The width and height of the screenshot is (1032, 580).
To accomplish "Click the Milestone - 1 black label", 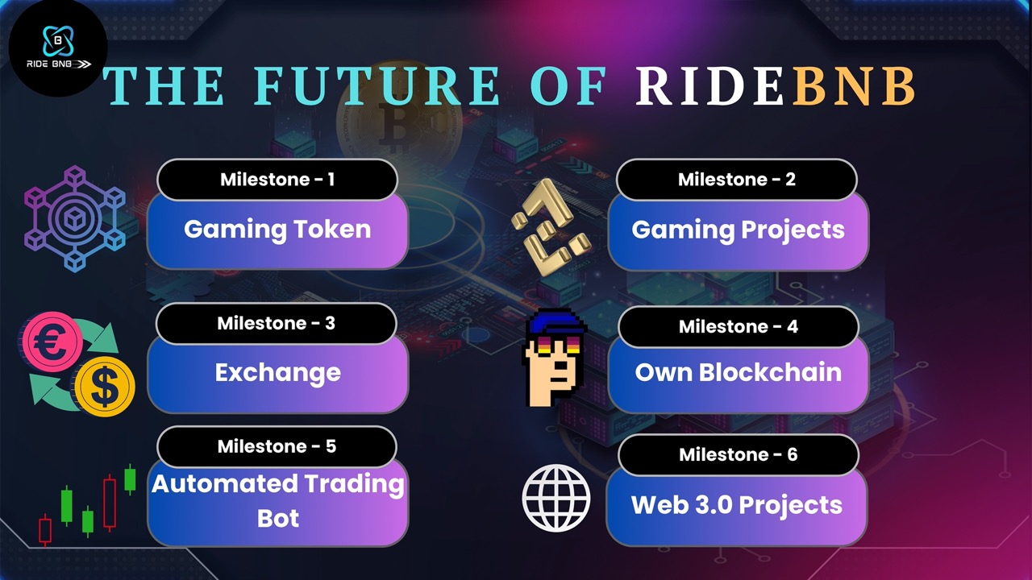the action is (277, 180).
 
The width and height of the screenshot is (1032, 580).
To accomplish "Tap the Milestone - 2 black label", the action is (737, 180).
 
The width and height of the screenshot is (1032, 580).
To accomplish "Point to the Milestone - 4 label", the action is (739, 326).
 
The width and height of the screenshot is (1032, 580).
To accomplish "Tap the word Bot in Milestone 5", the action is (278, 518).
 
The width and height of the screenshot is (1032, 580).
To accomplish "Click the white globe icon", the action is (556, 498).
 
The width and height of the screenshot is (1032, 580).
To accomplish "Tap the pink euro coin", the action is (52, 341).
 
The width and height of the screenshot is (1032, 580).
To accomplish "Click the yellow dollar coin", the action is (105, 386).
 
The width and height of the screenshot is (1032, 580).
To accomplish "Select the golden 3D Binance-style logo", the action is (551, 227).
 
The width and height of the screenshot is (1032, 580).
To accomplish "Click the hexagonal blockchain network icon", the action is (75, 218).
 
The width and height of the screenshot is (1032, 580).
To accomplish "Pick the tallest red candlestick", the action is (110, 503).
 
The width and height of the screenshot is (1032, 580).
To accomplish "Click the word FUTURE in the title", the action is (377, 86).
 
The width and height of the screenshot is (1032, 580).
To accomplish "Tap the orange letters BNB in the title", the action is (854, 86).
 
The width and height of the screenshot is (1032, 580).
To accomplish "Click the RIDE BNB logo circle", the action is (58, 48).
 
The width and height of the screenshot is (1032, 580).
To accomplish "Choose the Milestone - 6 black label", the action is (738, 455).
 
